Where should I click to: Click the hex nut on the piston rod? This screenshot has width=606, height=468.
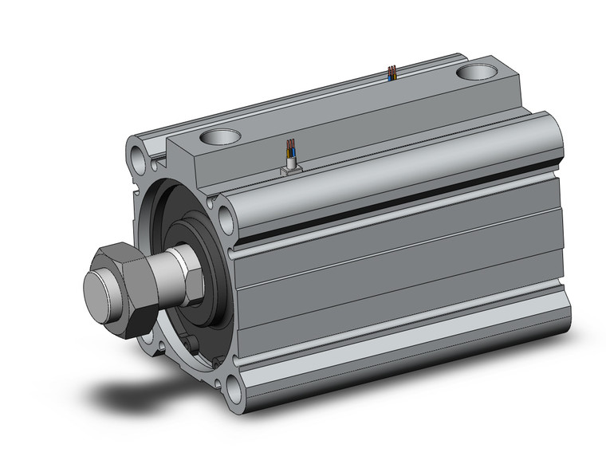tap(128, 287)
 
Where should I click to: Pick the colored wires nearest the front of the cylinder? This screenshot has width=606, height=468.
tap(292, 151)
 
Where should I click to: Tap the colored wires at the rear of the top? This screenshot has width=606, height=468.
tap(391, 73)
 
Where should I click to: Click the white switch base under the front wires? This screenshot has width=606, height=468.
tap(291, 168)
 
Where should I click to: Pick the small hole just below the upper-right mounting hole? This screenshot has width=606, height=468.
tap(231, 254)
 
